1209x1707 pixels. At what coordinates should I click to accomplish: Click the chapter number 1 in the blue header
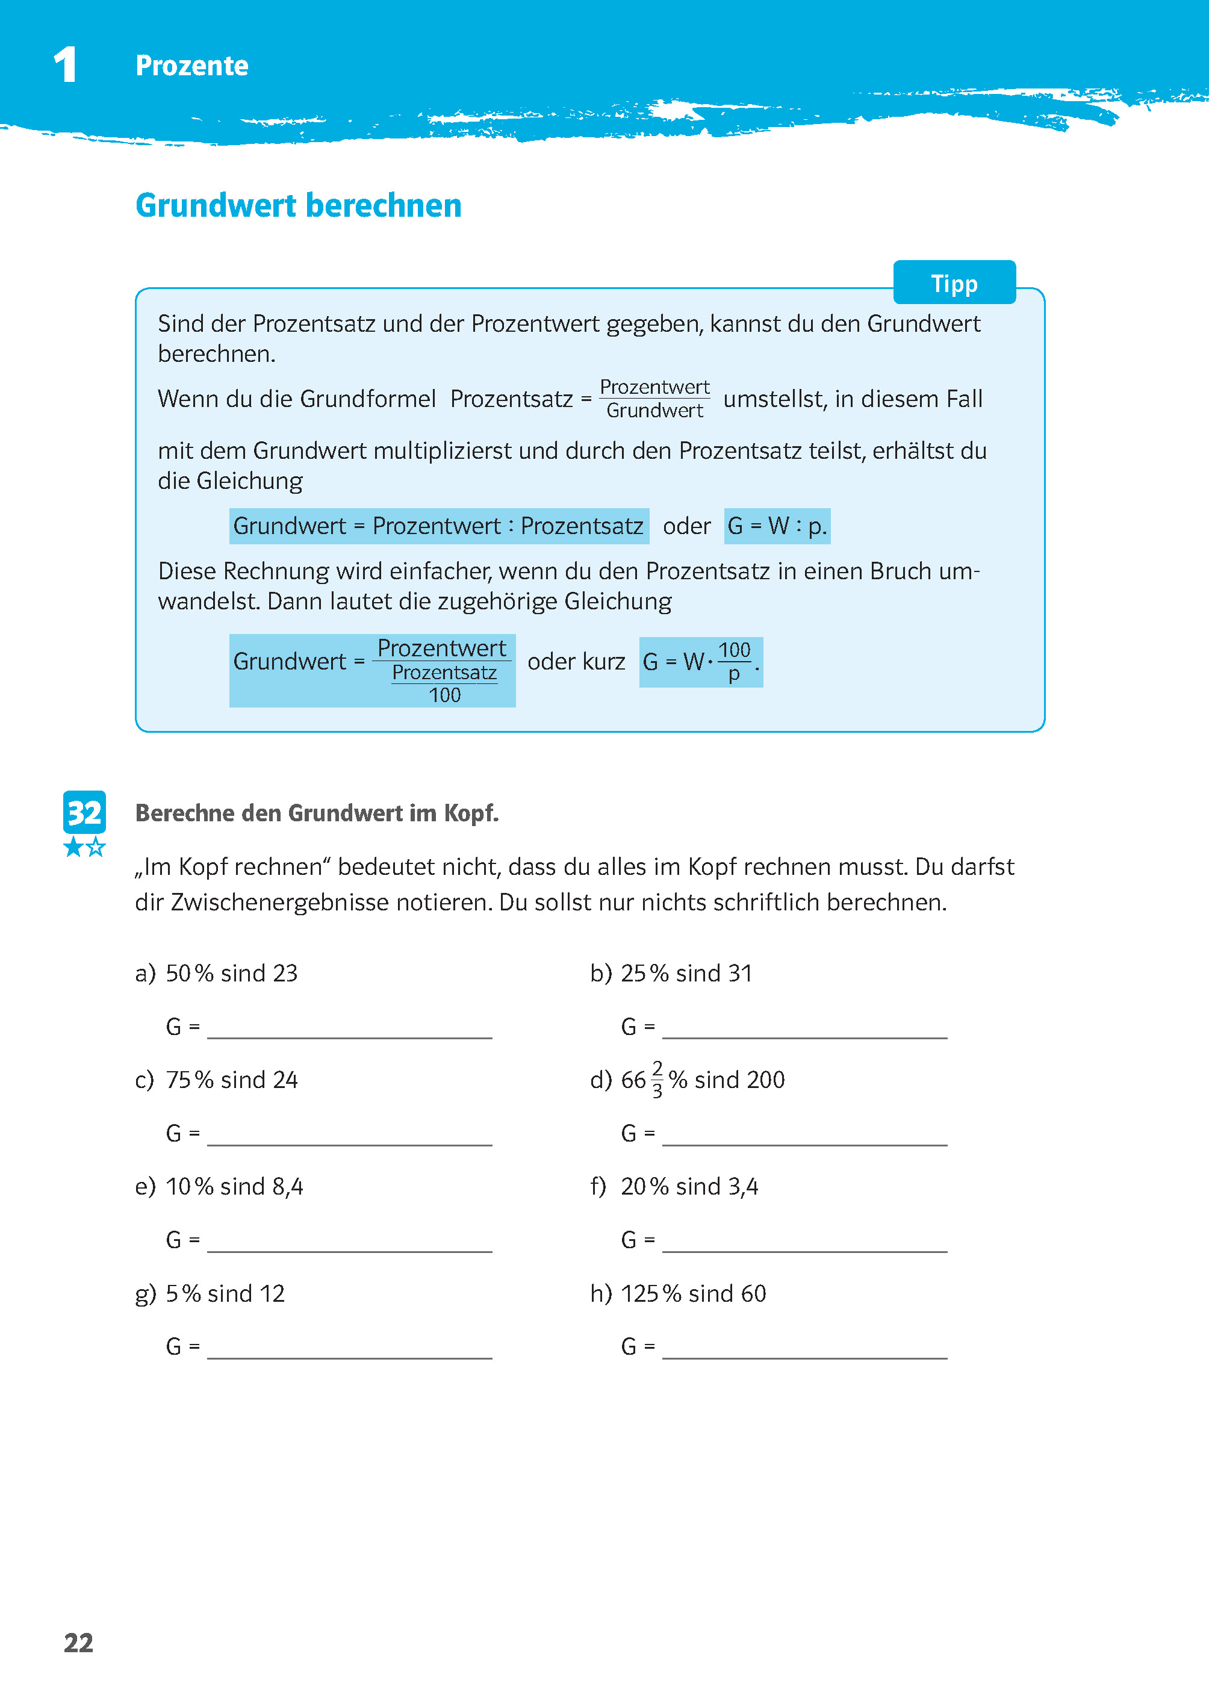(66, 65)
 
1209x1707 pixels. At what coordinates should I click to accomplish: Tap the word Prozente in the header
(191, 66)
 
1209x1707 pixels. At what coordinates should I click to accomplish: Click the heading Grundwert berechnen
(298, 205)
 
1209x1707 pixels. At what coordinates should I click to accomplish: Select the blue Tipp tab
(954, 283)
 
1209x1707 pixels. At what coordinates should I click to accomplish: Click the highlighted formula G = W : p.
(777, 526)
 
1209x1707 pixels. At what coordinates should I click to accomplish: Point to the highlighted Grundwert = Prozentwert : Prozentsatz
(438, 526)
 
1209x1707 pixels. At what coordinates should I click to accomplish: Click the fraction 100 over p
(734, 662)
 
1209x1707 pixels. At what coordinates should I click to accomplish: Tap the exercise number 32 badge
(84, 812)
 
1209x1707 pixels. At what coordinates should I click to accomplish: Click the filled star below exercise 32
(73, 847)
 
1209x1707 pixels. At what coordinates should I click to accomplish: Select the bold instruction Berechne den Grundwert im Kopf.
(316, 813)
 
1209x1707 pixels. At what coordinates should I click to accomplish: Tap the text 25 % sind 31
(686, 974)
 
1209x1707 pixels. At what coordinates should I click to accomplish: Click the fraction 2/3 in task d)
(657, 1080)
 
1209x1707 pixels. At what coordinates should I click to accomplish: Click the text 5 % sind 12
(225, 1294)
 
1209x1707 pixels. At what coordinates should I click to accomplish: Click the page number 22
(78, 1643)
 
